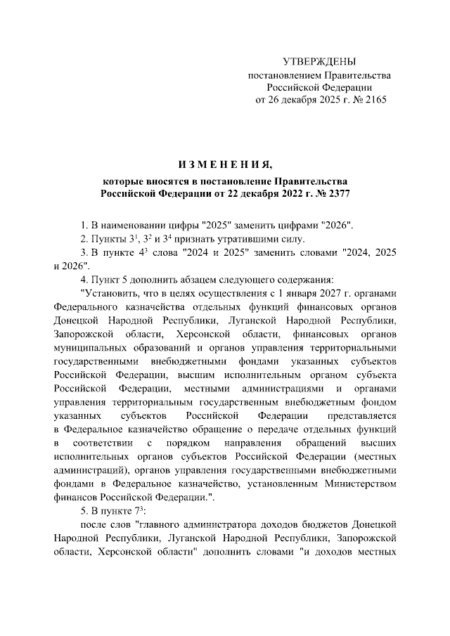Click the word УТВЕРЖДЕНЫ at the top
point(319,62)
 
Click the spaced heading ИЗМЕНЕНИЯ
point(225,165)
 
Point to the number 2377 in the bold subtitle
point(336,192)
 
